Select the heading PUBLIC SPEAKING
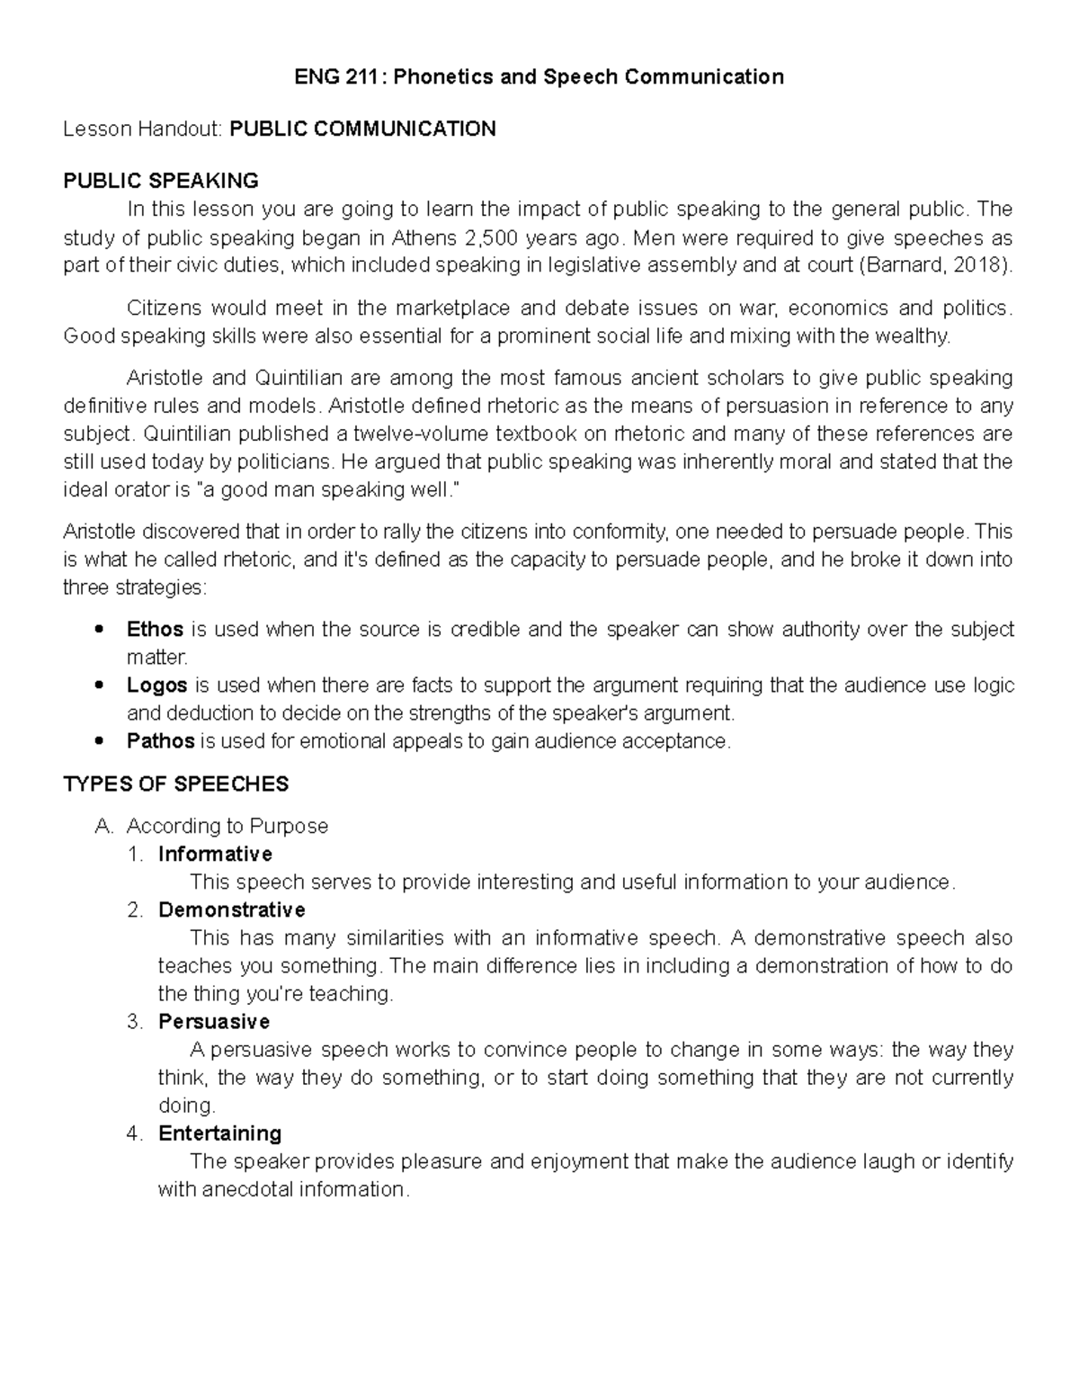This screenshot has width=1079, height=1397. (161, 181)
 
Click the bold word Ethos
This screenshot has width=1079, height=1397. (156, 629)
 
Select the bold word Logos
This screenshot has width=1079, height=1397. (157, 685)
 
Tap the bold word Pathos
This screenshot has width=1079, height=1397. (161, 741)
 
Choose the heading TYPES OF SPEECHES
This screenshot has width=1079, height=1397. (176, 784)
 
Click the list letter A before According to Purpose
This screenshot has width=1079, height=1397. (102, 826)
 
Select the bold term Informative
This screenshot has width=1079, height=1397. (215, 854)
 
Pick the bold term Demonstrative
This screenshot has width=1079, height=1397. (232, 909)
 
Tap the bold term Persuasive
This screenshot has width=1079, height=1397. (214, 1022)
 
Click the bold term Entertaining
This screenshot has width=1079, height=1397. (220, 1133)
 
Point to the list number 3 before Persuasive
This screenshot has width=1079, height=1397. (134, 1022)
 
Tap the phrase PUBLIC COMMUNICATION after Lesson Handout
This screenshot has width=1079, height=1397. (362, 129)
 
